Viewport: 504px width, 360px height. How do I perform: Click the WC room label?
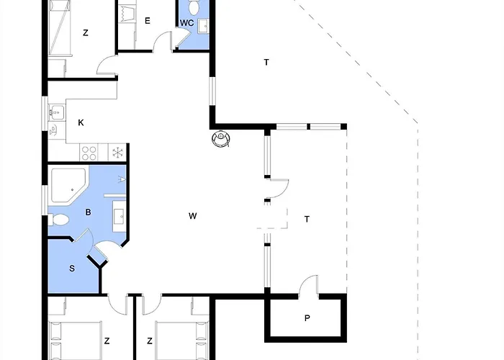click(186, 23)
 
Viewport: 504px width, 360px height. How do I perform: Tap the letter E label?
click(147, 21)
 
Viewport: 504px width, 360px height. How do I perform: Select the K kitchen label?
click(81, 123)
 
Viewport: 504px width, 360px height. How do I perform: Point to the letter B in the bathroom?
click(88, 212)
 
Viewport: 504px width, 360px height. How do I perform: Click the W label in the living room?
click(192, 216)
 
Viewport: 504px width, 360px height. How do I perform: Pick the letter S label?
click(72, 269)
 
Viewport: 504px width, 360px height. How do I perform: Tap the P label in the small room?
click(307, 318)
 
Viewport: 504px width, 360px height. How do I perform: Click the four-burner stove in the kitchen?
click(90, 153)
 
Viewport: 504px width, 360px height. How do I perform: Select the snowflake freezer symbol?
click(116, 153)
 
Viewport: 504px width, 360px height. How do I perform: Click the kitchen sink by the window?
click(55, 113)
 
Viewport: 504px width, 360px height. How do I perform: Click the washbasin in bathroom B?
click(120, 215)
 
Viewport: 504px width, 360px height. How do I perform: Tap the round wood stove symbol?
click(222, 138)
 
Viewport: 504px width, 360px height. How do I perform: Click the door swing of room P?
click(308, 285)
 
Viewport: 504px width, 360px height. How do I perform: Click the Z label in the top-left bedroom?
click(85, 32)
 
